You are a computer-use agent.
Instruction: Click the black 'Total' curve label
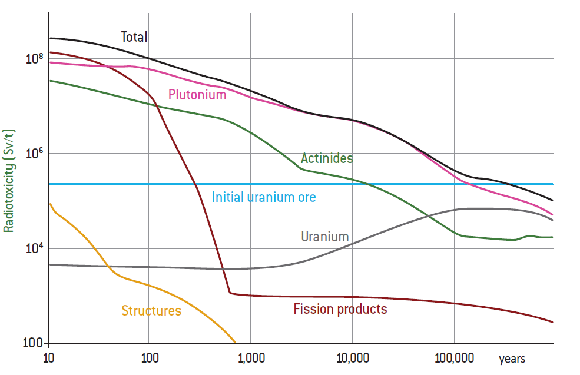pos(134,37)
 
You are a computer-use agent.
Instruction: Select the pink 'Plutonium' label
pos(197,95)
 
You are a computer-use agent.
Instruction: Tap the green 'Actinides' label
pos(327,158)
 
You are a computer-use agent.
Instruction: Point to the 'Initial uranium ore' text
pos(264,197)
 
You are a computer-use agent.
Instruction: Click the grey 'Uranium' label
pos(324,237)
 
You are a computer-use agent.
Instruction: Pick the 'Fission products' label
pos(340,309)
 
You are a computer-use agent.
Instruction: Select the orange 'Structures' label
pos(151,311)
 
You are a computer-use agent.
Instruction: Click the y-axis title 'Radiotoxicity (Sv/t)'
pos(8,179)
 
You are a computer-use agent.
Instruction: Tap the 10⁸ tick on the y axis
pos(35,58)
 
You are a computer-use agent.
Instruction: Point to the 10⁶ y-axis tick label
pos(35,154)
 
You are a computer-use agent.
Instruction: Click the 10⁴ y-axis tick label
pos(35,248)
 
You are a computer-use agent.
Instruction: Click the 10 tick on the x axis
pos(49,358)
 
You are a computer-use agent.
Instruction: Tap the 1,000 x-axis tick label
pos(251,358)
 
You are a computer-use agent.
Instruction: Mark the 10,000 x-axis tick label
pos(352,358)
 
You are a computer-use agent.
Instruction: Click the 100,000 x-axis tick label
pos(454,358)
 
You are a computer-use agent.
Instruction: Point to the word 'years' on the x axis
pos(512,359)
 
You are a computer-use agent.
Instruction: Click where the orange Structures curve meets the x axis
pos(235,342)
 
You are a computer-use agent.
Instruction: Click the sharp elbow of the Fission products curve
pos(230,292)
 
